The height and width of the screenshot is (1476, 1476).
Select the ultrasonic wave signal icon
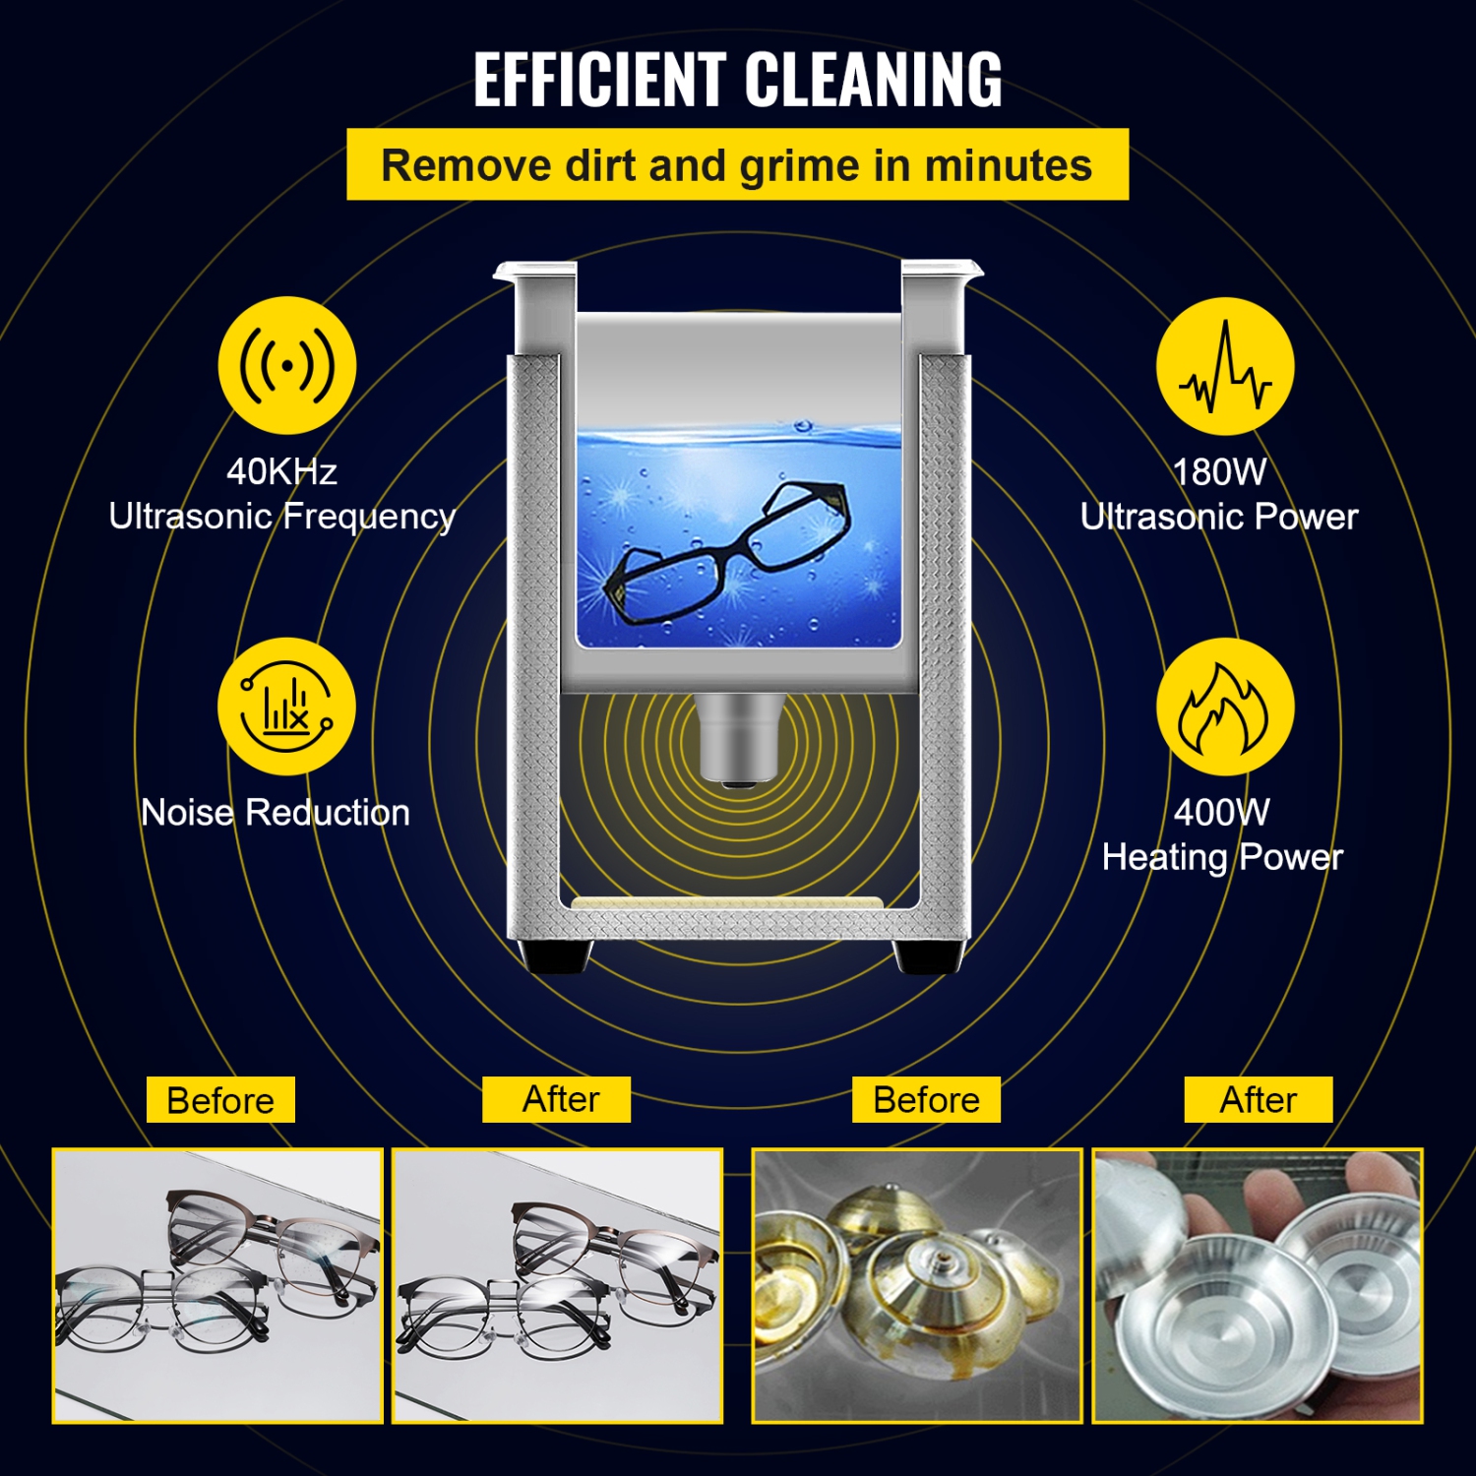point(286,366)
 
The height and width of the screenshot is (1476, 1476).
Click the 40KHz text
point(281,472)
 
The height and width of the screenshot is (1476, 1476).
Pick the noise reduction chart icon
point(286,707)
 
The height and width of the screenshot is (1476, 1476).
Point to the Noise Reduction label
point(276,813)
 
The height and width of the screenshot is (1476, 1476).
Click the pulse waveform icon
point(1225,367)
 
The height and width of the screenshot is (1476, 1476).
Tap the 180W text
point(1219,472)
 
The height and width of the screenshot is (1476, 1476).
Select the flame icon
point(1225,707)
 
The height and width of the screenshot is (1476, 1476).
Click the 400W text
point(1221,813)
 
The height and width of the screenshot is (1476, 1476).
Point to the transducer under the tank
point(737,738)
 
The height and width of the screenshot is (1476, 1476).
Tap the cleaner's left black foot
point(557,955)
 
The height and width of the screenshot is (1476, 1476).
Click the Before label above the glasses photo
point(220,1100)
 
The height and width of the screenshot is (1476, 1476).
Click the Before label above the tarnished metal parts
point(926,1099)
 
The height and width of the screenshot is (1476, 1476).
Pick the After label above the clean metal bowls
point(1258,1099)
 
